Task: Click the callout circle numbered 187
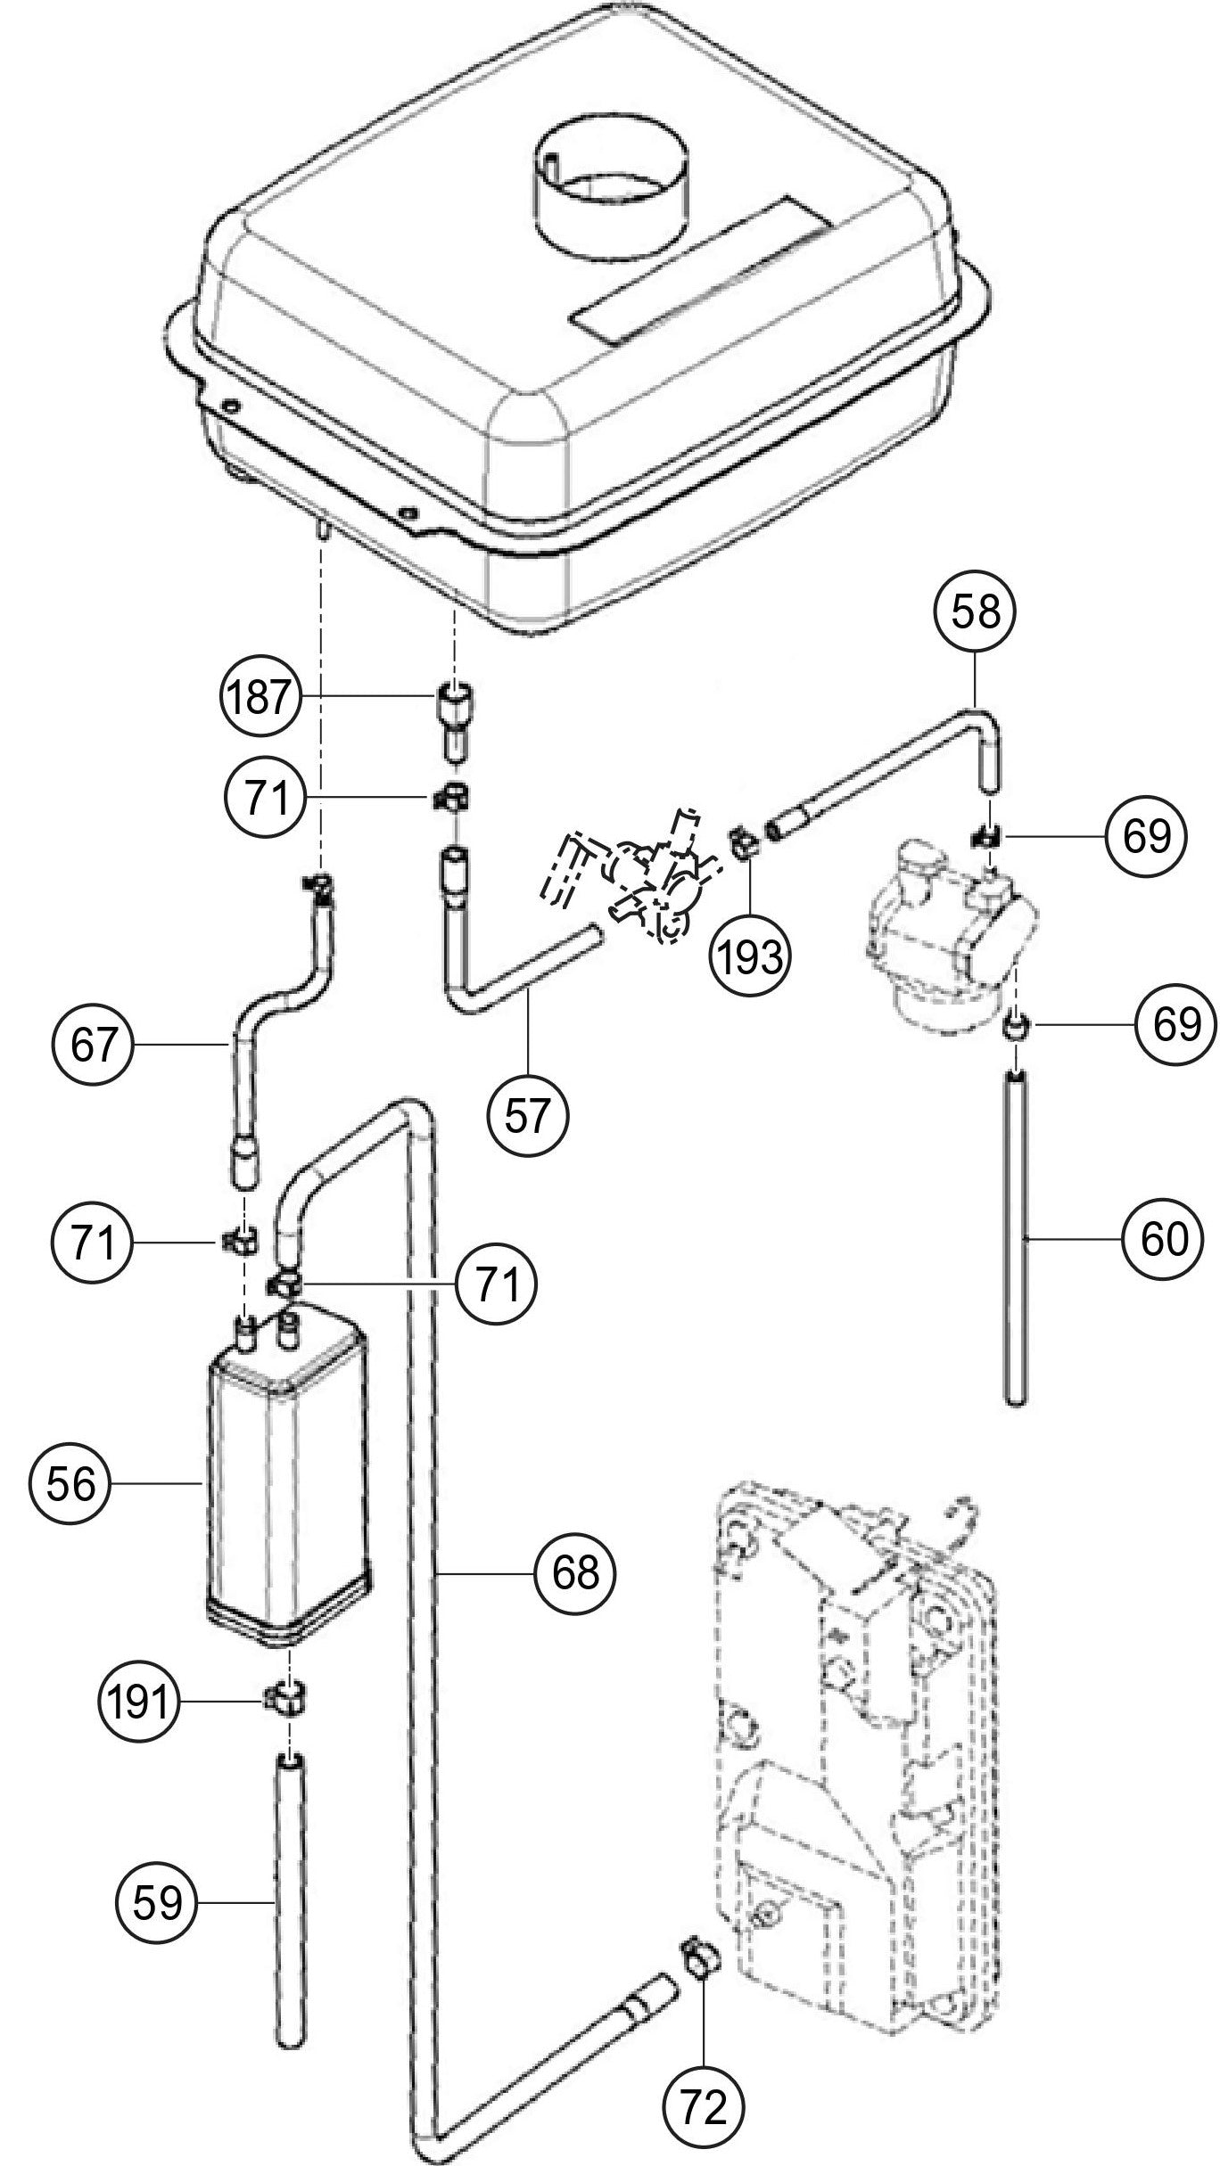point(257,698)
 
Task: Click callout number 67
point(95,1045)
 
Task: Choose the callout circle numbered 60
point(1162,1238)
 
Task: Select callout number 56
point(70,1484)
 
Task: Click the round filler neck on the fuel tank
point(612,205)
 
